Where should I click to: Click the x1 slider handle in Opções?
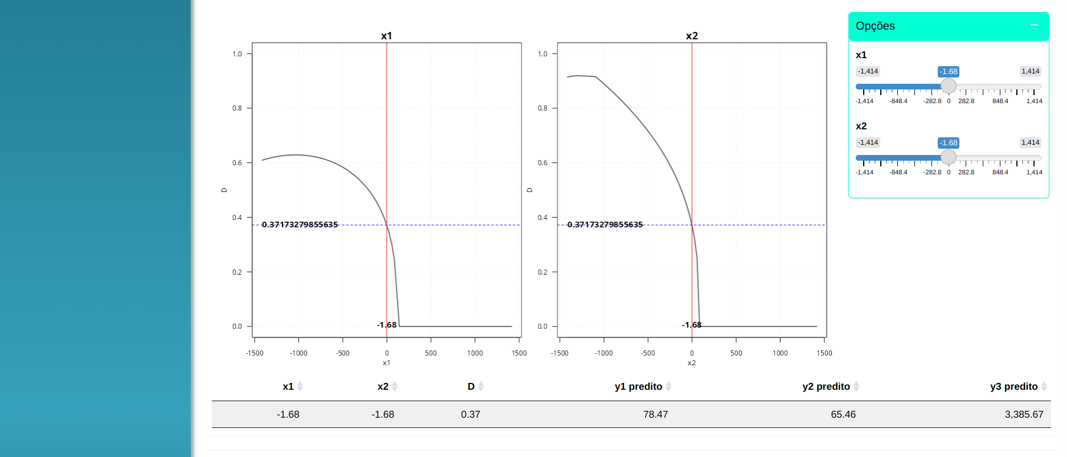948,86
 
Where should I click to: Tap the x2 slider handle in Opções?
948,157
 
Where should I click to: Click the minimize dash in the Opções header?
1034,25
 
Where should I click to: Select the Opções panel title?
875,26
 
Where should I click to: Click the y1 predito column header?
638,386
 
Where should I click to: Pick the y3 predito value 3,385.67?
1024,414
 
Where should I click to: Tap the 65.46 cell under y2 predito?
843,414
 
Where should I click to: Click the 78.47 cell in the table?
655,414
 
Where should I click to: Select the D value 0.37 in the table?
470,414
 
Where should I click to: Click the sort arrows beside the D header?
481,386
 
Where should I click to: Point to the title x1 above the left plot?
387,36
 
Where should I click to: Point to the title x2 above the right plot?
692,36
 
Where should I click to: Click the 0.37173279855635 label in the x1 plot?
300,225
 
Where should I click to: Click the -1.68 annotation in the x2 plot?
692,325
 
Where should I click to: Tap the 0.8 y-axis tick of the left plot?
237,108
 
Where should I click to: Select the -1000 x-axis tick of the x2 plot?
604,353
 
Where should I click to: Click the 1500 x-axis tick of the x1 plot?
519,353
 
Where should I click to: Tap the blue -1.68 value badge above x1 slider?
948,72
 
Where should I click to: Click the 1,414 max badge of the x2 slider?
1030,142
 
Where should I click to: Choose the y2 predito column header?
826,386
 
